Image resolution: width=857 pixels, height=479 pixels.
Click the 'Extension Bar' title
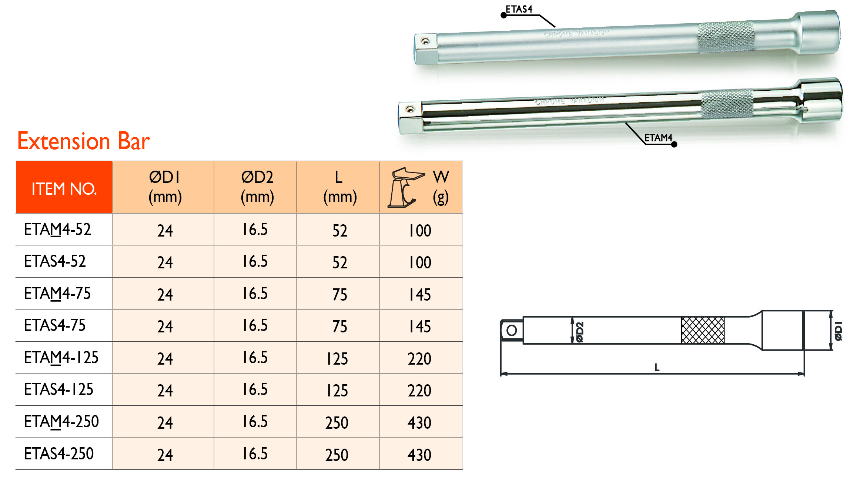(83, 141)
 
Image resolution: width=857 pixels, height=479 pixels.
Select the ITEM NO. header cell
(64, 188)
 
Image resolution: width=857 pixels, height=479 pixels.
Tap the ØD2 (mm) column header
(257, 187)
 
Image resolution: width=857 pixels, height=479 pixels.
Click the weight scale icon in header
(406, 188)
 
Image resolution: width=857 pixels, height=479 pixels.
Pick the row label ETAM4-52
(57, 230)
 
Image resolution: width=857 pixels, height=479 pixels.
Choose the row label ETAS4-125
(58, 389)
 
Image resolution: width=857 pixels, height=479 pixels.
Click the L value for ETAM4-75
(339, 295)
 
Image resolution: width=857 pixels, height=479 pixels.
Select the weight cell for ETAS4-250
(419, 455)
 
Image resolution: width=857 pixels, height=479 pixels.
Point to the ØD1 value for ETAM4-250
(165, 423)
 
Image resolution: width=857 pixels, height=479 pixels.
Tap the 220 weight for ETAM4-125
(419, 359)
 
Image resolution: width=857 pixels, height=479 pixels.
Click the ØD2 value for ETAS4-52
(255, 261)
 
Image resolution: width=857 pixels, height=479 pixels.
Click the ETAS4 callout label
(519, 10)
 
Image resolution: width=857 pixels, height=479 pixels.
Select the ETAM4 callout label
(658, 138)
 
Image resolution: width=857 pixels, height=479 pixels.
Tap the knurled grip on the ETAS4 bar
(726, 37)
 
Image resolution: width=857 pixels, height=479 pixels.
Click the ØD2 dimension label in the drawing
(580, 332)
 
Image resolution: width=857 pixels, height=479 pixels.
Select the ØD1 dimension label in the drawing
(838, 331)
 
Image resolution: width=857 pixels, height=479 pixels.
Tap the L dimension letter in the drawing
(657, 367)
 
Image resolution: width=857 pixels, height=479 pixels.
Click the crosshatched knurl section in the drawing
(702, 330)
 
